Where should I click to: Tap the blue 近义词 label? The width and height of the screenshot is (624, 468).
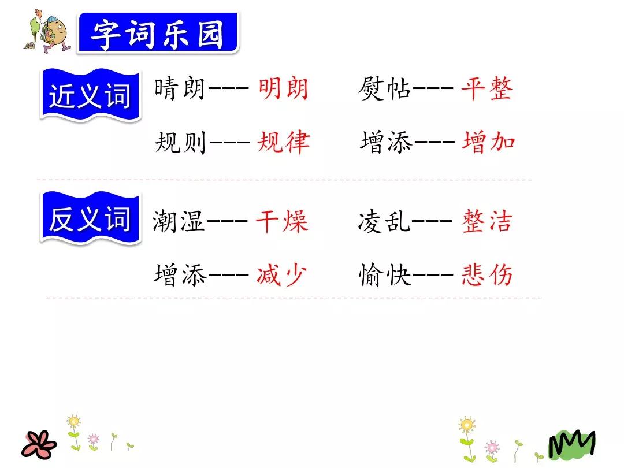point(90,95)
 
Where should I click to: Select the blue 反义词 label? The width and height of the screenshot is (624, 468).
point(90,219)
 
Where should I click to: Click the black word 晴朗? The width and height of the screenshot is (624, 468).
point(180,90)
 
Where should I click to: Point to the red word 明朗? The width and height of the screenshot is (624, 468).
point(283,90)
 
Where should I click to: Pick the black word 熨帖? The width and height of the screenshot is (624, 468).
point(384,90)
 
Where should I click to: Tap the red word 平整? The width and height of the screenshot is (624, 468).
point(486,90)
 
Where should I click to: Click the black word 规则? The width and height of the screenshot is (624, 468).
point(180,142)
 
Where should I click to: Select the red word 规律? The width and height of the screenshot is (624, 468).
point(283,142)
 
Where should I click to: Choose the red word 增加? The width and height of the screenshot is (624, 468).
point(488,142)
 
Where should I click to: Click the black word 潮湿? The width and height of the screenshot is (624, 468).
point(179,222)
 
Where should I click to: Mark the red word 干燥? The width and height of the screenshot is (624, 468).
point(282,222)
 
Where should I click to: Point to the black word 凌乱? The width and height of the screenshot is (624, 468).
point(384,222)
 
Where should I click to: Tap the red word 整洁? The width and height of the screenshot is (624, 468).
point(486,222)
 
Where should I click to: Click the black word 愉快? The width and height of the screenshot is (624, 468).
point(384,275)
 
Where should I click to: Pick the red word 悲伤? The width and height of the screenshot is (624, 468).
point(486,275)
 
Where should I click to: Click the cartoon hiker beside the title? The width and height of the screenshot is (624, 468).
point(51,32)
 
